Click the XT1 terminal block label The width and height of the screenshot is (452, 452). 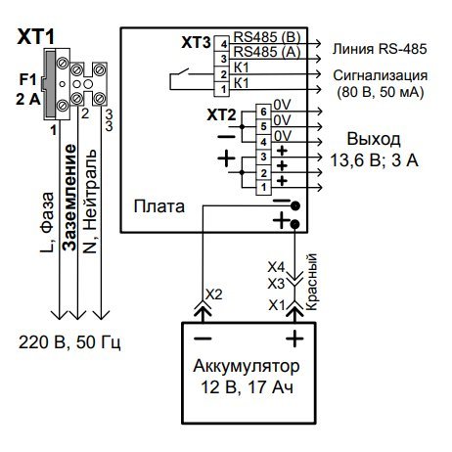(x=36, y=37)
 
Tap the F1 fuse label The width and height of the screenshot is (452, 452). (x=27, y=79)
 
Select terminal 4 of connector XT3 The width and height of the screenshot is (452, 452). (x=223, y=44)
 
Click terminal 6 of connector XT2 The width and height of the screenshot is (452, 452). (x=263, y=112)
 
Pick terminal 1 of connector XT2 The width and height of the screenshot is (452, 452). (x=263, y=187)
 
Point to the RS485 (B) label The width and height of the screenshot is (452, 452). (x=267, y=37)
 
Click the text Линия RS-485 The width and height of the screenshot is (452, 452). (x=380, y=49)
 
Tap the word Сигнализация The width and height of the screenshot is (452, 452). (x=381, y=75)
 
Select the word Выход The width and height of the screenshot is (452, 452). (x=374, y=139)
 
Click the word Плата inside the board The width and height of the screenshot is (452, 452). (x=159, y=206)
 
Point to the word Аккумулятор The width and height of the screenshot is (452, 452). (x=247, y=366)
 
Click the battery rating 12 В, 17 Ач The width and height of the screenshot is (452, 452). (x=247, y=387)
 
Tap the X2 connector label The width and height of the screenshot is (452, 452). (x=214, y=294)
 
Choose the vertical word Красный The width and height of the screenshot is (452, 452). (x=312, y=282)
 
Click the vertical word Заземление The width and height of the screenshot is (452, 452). (x=69, y=198)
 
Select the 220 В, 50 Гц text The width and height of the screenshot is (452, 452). (x=69, y=342)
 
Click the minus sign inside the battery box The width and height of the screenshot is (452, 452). (x=203, y=339)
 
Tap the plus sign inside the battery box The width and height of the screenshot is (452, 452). (x=294, y=339)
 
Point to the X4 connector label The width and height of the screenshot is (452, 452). (x=276, y=267)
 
